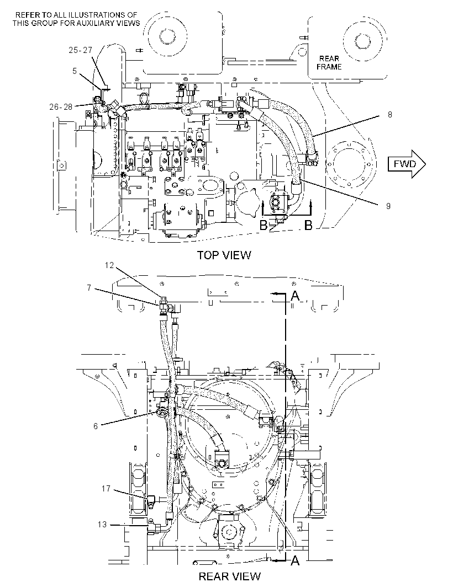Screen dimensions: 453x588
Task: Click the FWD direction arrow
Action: [407, 164]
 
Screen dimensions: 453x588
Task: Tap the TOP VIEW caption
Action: [224, 255]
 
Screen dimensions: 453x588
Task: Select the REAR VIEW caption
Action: [229, 576]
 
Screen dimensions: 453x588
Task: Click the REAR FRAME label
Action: [329, 63]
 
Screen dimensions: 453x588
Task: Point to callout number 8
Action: [390, 114]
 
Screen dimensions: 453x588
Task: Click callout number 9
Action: [388, 206]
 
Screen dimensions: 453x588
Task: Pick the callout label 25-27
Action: [81, 50]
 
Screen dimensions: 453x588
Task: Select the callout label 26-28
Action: [61, 107]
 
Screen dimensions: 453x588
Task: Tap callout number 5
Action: [75, 71]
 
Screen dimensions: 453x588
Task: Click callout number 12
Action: [109, 265]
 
